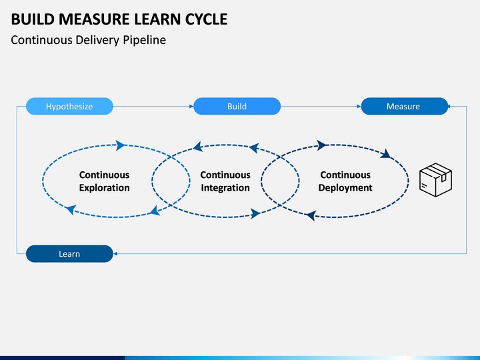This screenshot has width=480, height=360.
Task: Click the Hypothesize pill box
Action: (69, 106)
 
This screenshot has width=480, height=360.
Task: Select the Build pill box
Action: (237, 106)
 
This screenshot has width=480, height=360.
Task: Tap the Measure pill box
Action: (405, 106)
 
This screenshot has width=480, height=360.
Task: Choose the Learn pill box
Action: (69, 253)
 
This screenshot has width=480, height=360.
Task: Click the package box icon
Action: (435, 180)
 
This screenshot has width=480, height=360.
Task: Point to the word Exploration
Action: (105, 187)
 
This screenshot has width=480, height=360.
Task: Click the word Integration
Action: (225, 187)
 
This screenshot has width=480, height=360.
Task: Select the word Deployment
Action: (345, 187)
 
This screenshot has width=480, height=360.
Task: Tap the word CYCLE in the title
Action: (206, 19)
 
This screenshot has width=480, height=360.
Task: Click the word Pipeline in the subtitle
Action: (145, 40)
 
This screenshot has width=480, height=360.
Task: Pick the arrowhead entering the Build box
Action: (191, 106)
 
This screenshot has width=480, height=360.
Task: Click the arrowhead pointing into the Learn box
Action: (115, 253)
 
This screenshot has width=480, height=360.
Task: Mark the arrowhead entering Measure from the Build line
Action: (359, 106)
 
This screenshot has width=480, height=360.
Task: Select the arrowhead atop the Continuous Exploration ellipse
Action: (120, 145)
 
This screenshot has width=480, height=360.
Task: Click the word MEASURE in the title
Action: (97, 19)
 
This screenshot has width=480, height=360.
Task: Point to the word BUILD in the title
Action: (33, 19)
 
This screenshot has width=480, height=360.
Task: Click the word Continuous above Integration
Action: (225, 175)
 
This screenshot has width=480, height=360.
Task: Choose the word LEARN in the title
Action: (159, 19)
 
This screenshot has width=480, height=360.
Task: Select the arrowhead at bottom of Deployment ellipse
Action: (311, 215)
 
